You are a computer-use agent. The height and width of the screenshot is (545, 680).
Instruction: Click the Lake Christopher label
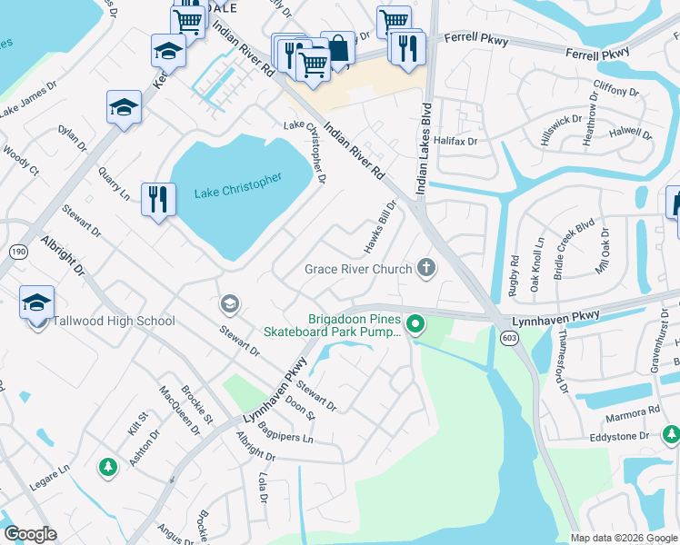pos(238,182)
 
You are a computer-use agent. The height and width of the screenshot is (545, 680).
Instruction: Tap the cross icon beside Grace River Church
pos(425,268)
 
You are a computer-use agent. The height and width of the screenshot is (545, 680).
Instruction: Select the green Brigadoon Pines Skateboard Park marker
pos(415,323)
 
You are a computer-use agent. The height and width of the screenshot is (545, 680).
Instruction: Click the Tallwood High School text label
pos(114,321)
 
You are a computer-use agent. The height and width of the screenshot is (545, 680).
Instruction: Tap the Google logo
pos(30,534)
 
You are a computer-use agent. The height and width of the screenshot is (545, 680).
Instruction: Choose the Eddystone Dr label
pos(619,437)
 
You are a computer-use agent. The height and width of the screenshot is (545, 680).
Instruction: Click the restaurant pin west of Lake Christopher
pos(158,199)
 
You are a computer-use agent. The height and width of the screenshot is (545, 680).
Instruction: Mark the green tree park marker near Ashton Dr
pos(108,467)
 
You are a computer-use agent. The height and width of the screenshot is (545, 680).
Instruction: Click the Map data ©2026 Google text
pos(624,538)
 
